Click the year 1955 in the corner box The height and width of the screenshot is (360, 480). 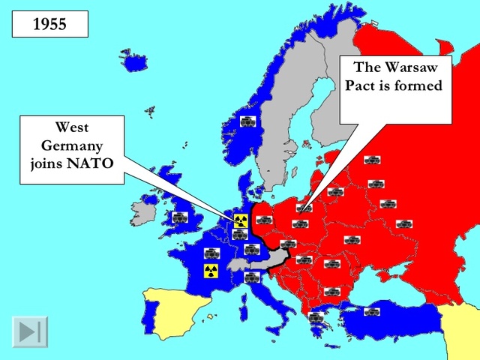[x=50, y=23]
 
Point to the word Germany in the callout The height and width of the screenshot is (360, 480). [x=72, y=143]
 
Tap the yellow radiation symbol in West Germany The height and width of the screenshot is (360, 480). [x=240, y=220]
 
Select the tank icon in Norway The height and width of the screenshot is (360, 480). [x=247, y=121]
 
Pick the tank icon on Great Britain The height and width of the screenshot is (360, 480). [x=179, y=217]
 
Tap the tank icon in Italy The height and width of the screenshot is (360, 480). [x=251, y=278]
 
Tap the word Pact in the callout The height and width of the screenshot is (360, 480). [x=362, y=85]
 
